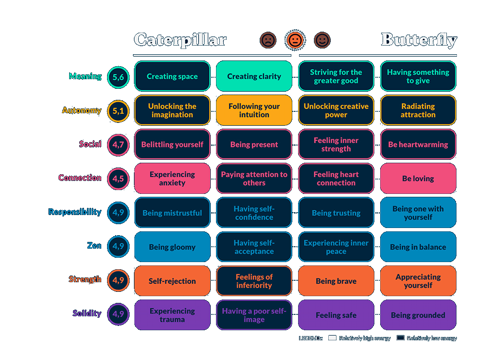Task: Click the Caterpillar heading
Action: pyautogui.click(x=180, y=39)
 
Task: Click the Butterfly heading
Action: pyautogui.click(x=419, y=40)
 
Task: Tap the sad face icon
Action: pyautogui.click(x=268, y=40)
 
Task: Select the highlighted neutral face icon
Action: pyautogui.click(x=295, y=40)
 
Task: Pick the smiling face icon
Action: pyautogui.click(x=322, y=40)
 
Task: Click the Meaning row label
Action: pyautogui.click(x=85, y=76)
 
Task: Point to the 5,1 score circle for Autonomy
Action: pyautogui.click(x=118, y=110)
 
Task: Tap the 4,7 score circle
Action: pyautogui.click(x=118, y=144)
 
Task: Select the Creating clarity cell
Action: pyautogui.click(x=254, y=76)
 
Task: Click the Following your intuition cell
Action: pyautogui.click(x=254, y=110)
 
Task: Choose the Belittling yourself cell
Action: pyautogui.click(x=172, y=144)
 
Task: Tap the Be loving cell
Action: pyautogui.click(x=418, y=179)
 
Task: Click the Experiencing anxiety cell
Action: pyautogui.click(x=172, y=179)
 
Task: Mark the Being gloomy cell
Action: pyautogui.click(x=172, y=247)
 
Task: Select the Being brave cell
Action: pyautogui.click(x=336, y=281)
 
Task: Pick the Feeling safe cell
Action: pyautogui.click(x=336, y=315)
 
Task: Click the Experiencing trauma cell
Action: pyautogui.click(x=172, y=315)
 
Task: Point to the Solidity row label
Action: pyautogui.click(x=87, y=313)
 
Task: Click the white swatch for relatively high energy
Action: pyautogui.click(x=332, y=338)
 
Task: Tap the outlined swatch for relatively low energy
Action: pyautogui.click(x=400, y=338)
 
